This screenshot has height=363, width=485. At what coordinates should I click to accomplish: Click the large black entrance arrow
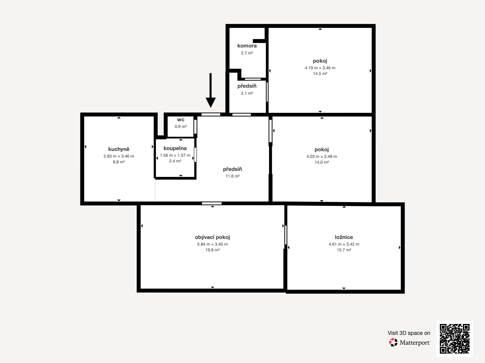click(211, 90)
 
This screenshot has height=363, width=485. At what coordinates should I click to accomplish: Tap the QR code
click(454, 339)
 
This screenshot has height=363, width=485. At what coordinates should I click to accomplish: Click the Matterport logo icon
click(393, 342)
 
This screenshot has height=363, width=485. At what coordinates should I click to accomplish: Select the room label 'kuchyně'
click(119, 149)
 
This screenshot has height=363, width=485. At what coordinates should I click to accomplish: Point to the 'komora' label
click(247, 46)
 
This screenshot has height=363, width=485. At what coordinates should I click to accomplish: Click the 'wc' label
click(181, 120)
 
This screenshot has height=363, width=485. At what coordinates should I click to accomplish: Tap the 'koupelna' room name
click(175, 148)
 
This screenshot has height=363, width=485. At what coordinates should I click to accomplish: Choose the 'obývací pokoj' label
click(212, 237)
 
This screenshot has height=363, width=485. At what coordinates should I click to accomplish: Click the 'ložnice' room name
click(344, 237)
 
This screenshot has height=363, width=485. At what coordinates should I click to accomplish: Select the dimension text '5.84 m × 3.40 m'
click(212, 244)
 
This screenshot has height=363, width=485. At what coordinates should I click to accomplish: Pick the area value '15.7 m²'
click(344, 250)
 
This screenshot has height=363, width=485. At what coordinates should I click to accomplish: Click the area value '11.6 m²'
click(232, 176)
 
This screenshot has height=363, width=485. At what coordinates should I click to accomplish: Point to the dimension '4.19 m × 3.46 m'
click(320, 68)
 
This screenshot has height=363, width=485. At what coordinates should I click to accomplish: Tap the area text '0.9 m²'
click(181, 126)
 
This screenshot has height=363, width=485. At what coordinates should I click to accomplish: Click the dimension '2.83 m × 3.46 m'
click(119, 156)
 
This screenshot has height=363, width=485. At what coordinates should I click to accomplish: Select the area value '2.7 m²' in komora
click(247, 53)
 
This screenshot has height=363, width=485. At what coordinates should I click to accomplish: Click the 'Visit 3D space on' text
click(409, 333)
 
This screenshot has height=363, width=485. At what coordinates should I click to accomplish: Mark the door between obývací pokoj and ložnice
click(286, 235)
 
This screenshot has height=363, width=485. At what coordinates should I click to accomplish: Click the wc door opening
click(195, 126)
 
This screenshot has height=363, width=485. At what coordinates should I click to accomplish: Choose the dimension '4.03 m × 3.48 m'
click(322, 156)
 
